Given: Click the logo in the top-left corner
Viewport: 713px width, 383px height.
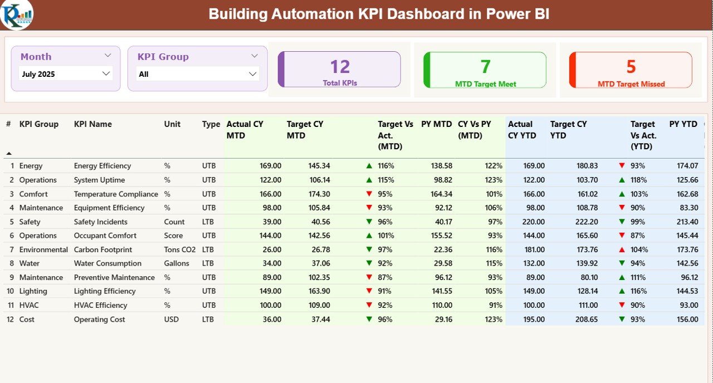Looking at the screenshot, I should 17,15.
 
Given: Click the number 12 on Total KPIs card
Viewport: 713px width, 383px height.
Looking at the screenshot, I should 340,67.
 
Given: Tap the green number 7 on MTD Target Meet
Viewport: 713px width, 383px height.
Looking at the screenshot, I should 485,67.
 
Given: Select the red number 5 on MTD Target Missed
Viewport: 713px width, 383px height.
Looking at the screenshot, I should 631,67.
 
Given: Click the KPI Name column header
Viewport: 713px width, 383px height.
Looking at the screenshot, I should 93,124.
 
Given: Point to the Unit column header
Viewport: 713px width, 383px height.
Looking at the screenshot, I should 172,124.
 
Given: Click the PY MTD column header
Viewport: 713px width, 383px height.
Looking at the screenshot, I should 436,124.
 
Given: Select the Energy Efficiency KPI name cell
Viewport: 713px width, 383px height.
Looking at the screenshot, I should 102,166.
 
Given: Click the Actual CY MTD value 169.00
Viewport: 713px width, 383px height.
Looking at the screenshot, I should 270,166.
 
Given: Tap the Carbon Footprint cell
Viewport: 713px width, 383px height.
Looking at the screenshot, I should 100,249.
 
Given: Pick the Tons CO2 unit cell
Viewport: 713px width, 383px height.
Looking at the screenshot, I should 180,249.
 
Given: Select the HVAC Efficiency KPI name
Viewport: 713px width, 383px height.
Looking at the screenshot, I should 100,305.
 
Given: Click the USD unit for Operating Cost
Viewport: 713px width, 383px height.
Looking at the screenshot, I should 172,319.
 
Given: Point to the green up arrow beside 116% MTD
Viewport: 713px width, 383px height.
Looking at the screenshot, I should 369,166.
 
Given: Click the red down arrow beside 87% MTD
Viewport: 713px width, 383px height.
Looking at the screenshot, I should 369,277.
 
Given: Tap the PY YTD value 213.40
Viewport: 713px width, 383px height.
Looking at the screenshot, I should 687,222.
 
